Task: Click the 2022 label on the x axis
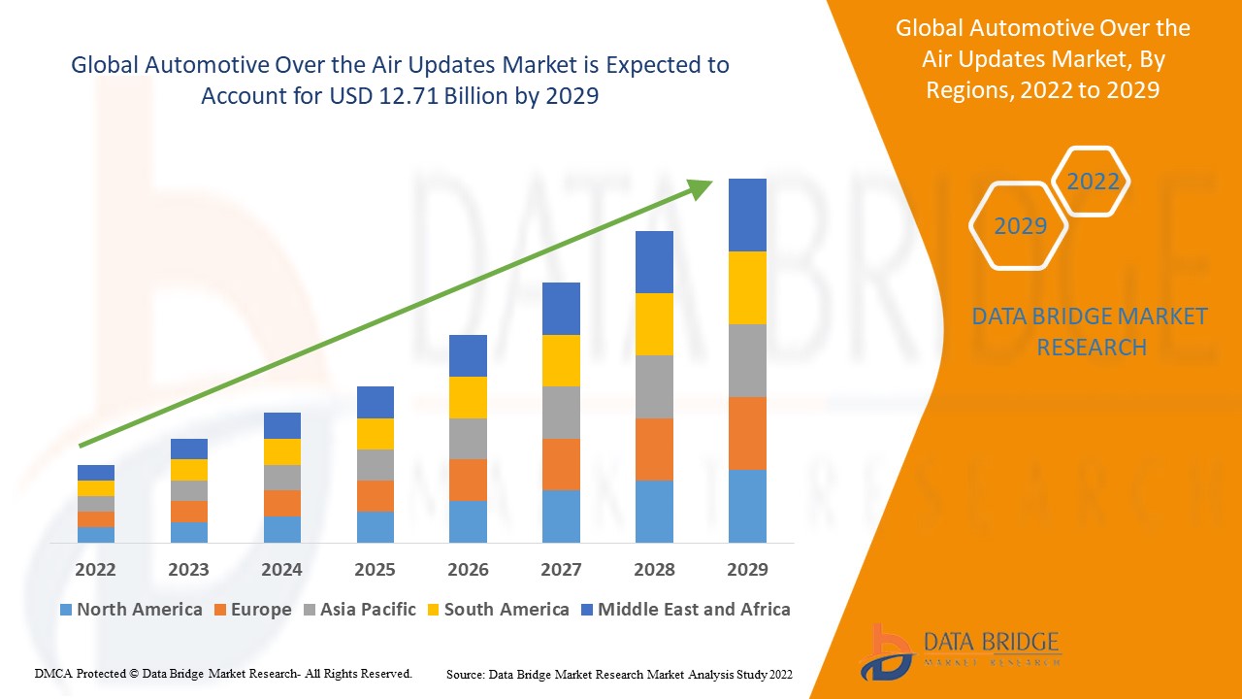[x=95, y=569]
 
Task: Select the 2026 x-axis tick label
[x=468, y=569]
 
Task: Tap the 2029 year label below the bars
[x=747, y=569]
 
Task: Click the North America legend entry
[x=131, y=610]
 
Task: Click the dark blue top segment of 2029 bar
[x=747, y=215]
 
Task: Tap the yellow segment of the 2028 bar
[x=654, y=324]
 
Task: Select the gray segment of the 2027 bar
[x=561, y=413]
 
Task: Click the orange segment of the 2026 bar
[x=468, y=480]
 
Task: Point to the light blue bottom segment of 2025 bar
[x=375, y=526]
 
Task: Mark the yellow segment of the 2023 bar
[x=188, y=470]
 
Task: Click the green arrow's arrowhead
[x=701, y=188]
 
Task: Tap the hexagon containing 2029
[x=1019, y=225]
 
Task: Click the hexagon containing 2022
[x=1093, y=182]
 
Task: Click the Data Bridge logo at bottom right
[x=961, y=650]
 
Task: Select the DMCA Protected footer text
[x=223, y=673]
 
